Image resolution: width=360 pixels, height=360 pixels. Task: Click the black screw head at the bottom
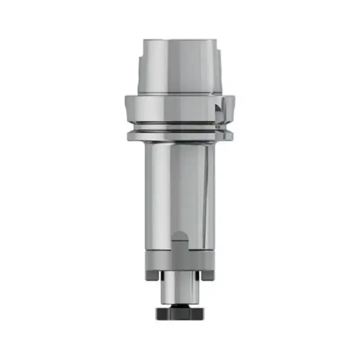(180, 313)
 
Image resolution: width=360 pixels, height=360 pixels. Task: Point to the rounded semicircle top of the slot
(180, 236)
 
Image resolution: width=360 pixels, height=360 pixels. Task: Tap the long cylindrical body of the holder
(180, 189)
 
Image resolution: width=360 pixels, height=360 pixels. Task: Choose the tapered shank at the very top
(180, 67)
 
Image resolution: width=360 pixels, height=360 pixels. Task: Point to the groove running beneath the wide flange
(180, 127)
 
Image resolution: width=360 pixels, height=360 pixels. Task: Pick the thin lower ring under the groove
(180, 134)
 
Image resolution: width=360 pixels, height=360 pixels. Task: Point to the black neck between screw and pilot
(180, 306)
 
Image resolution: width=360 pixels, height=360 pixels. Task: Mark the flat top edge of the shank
(180, 40)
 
